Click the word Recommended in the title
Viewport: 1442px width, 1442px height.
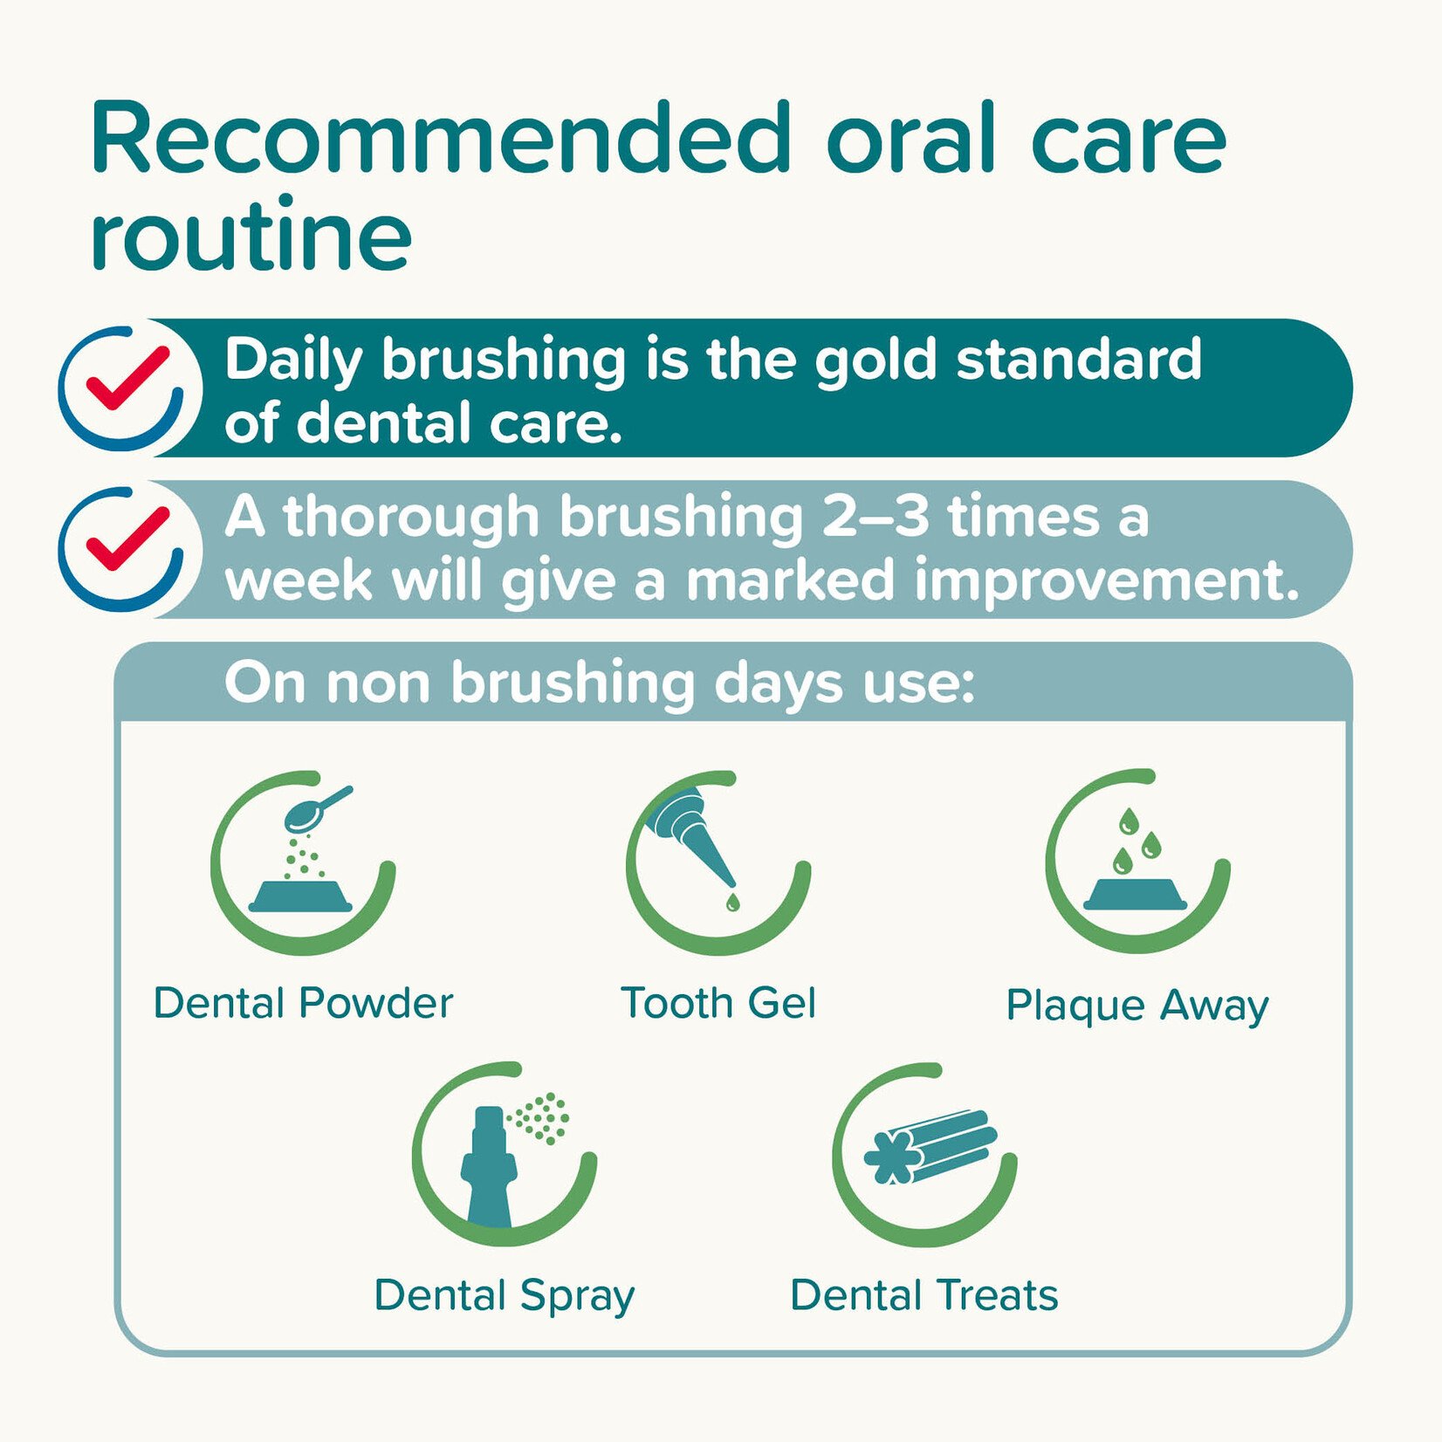440,139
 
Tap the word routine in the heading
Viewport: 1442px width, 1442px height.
251,234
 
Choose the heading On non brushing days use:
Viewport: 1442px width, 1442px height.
599,683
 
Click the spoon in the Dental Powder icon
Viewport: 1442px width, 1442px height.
314,811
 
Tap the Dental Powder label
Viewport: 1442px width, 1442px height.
303,1003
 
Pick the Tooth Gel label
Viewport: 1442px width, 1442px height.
718,1003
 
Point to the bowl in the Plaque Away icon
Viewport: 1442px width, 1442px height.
1136,895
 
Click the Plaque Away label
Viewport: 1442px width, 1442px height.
1137,1005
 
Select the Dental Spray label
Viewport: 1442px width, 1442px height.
505,1295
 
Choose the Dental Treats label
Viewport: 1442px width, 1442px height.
924,1295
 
